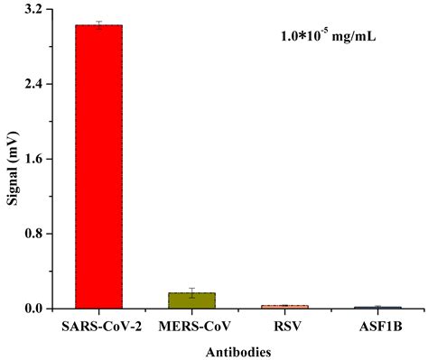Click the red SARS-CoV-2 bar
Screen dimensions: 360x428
pyautogui.click(x=98, y=167)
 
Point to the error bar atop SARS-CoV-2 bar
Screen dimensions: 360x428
pyautogui.click(x=98, y=24)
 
